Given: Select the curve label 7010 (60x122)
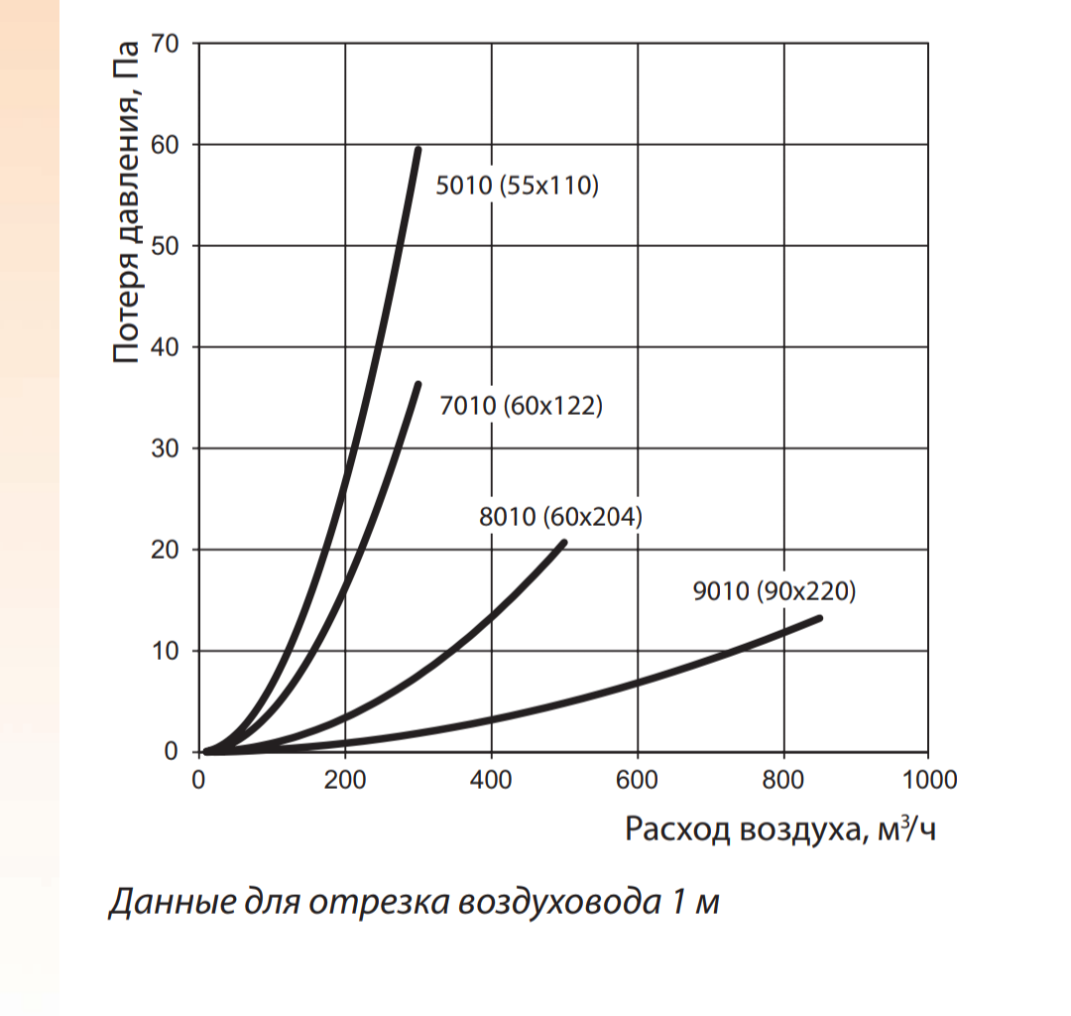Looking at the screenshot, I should click(x=521, y=406).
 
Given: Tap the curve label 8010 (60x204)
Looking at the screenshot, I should click(x=561, y=517).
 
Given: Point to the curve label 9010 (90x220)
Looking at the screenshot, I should click(x=773, y=592).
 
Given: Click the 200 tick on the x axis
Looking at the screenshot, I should click(x=345, y=780).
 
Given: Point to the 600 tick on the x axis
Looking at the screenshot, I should click(x=637, y=780).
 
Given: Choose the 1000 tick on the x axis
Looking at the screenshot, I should click(x=928, y=780).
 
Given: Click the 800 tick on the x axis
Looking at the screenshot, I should click(x=783, y=780).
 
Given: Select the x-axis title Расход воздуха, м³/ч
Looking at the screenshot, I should click(x=779, y=829).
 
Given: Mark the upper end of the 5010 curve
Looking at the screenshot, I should click(x=418, y=150).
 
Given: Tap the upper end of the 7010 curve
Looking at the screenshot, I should click(x=418, y=384).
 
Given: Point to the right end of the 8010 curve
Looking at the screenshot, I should click(x=564, y=542).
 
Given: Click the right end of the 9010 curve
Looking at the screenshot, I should click(x=820, y=618).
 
